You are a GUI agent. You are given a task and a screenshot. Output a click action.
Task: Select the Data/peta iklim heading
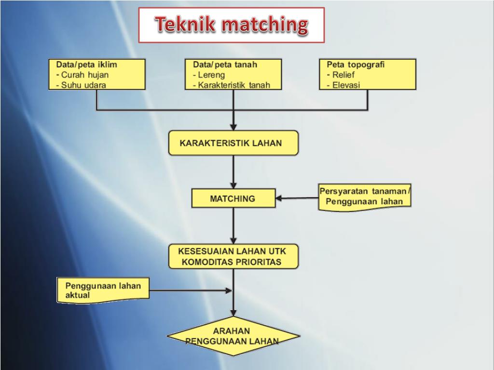tap(86, 65)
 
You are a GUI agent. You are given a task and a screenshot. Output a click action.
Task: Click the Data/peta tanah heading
tap(225, 65)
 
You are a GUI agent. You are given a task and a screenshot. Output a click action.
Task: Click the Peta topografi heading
tap(356, 65)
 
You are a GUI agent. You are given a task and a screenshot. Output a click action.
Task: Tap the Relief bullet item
tap(343, 75)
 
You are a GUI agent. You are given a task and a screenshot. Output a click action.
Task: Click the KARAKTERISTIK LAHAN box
tap(233, 143)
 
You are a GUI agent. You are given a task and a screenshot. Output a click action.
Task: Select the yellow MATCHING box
tap(233, 198)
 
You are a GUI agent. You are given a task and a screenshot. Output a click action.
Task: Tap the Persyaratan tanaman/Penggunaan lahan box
tap(364, 197)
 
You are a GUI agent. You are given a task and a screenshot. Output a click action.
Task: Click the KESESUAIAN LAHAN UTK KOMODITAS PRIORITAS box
tap(233, 257)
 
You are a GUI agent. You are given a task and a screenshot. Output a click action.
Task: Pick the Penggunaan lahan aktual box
tap(103, 291)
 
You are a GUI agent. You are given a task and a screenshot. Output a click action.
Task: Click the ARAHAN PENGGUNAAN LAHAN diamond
tap(233, 336)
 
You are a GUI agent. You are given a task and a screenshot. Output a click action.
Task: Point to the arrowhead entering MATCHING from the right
tap(279, 198)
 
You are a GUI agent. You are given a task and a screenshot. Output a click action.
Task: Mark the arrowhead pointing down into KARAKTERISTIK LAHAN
tap(233, 127)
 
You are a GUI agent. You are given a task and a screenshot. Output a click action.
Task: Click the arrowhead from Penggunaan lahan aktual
tap(229, 291)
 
